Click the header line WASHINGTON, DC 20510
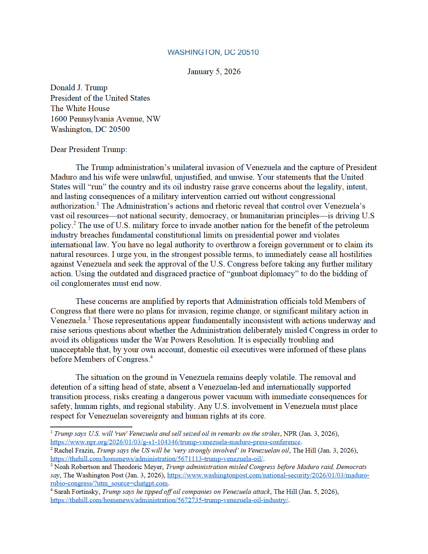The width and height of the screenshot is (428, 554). (213, 52)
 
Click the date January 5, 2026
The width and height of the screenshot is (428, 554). (214, 72)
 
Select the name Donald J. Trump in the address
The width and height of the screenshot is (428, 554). (79, 88)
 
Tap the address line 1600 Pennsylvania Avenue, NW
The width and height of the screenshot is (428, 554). (105, 119)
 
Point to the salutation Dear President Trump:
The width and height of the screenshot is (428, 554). (88, 150)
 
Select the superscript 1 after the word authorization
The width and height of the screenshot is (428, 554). (98, 204)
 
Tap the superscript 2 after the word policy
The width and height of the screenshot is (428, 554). (74, 223)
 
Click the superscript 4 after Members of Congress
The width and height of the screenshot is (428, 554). (151, 357)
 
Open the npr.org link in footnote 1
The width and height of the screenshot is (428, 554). (175, 442)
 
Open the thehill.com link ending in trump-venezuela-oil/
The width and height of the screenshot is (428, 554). (157, 459)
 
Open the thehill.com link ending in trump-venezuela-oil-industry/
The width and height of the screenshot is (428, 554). (169, 500)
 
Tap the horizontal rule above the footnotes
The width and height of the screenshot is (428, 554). (91, 427)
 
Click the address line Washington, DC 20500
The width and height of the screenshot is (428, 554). (90, 129)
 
